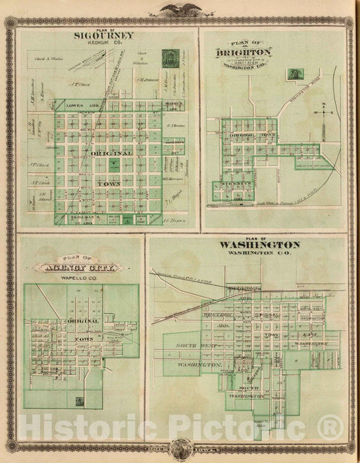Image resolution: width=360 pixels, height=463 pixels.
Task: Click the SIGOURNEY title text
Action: tap(104, 36)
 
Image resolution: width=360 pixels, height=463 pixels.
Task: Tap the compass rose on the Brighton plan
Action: tap(324, 113)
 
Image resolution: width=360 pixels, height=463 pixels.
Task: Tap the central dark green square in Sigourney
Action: tap(114, 163)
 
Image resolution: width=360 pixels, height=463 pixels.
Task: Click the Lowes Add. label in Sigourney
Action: tap(80, 107)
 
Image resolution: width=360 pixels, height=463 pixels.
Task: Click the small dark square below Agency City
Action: tap(80, 401)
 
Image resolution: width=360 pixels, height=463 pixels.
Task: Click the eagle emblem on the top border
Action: tap(180, 9)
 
